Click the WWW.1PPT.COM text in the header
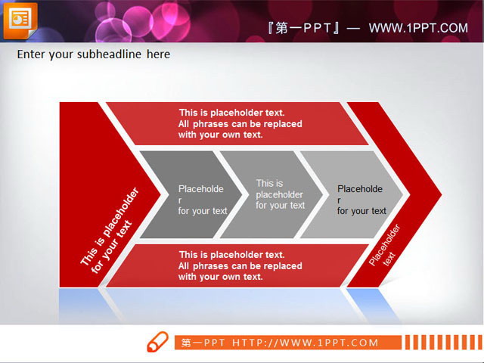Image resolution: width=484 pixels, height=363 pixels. tap(418, 28)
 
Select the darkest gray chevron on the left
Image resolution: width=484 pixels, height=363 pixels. tap(189, 195)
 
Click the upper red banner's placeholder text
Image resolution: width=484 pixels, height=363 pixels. tap(239, 123)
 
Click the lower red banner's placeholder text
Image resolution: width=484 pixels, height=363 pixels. tap(239, 265)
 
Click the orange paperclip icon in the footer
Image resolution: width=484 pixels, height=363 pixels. tap(158, 341)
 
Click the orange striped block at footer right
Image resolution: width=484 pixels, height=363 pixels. tap(443, 343)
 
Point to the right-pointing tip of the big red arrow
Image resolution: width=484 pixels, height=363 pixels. tap(440, 194)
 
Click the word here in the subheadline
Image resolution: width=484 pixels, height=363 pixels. tap(158, 54)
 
